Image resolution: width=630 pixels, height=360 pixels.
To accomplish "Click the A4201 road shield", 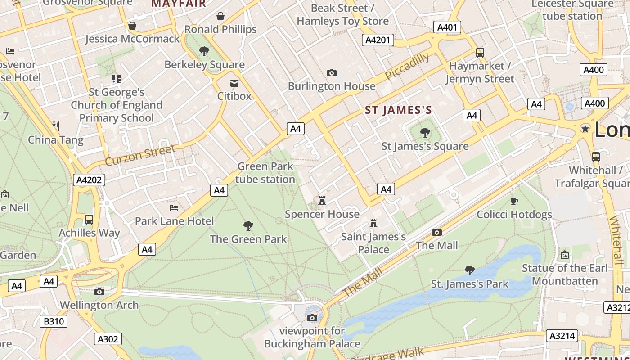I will (x=378, y=40).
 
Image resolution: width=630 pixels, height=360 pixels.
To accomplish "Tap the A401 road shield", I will (x=447, y=27).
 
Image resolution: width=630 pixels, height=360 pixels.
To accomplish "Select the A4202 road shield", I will (x=89, y=180).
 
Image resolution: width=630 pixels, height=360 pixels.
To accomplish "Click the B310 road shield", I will (x=54, y=321).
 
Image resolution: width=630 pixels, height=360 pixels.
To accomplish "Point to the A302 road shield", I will (x=108, y=339).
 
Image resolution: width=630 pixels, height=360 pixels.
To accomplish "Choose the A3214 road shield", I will (x=562, y=335).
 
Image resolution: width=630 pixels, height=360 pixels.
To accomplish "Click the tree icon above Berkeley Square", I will (x=204, y=51).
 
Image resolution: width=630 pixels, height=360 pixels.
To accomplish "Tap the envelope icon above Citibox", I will (x=234, y=83).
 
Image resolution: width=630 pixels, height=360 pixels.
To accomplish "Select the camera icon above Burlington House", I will (x=332, y=73).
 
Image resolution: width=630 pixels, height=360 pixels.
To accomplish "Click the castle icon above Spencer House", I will (x=322, y=201).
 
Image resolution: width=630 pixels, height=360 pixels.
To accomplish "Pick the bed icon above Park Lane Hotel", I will (x=174, y=208).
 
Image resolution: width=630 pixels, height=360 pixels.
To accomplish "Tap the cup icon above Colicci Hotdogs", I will (x=514, y=201).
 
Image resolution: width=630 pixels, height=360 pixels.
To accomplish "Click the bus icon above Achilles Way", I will (x=89, y=220).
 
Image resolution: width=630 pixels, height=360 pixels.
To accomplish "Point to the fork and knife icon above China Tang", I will (x=56, y=126).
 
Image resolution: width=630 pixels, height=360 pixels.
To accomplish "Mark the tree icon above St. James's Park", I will (x=470, y=270).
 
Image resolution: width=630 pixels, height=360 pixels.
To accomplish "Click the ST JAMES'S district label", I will (x=398, y=110).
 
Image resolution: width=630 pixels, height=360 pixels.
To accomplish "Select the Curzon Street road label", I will (x=140, y=155).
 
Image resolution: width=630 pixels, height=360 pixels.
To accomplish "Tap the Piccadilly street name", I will (x=407, y=66).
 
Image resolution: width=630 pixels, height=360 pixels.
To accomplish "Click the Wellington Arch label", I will (x=99, y=305).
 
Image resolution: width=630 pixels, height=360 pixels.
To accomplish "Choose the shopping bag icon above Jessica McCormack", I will (x=132, y=26).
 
